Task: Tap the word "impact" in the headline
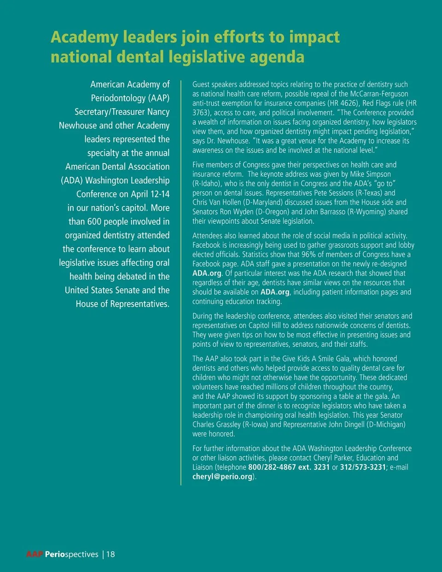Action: (314, 37)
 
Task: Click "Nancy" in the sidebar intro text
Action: (158, 112)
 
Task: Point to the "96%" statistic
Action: (308, 255)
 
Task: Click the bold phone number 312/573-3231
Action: (363, 467)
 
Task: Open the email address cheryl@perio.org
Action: (222, 477)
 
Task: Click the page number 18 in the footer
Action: (110, 554)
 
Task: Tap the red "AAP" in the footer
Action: (35, 554)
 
